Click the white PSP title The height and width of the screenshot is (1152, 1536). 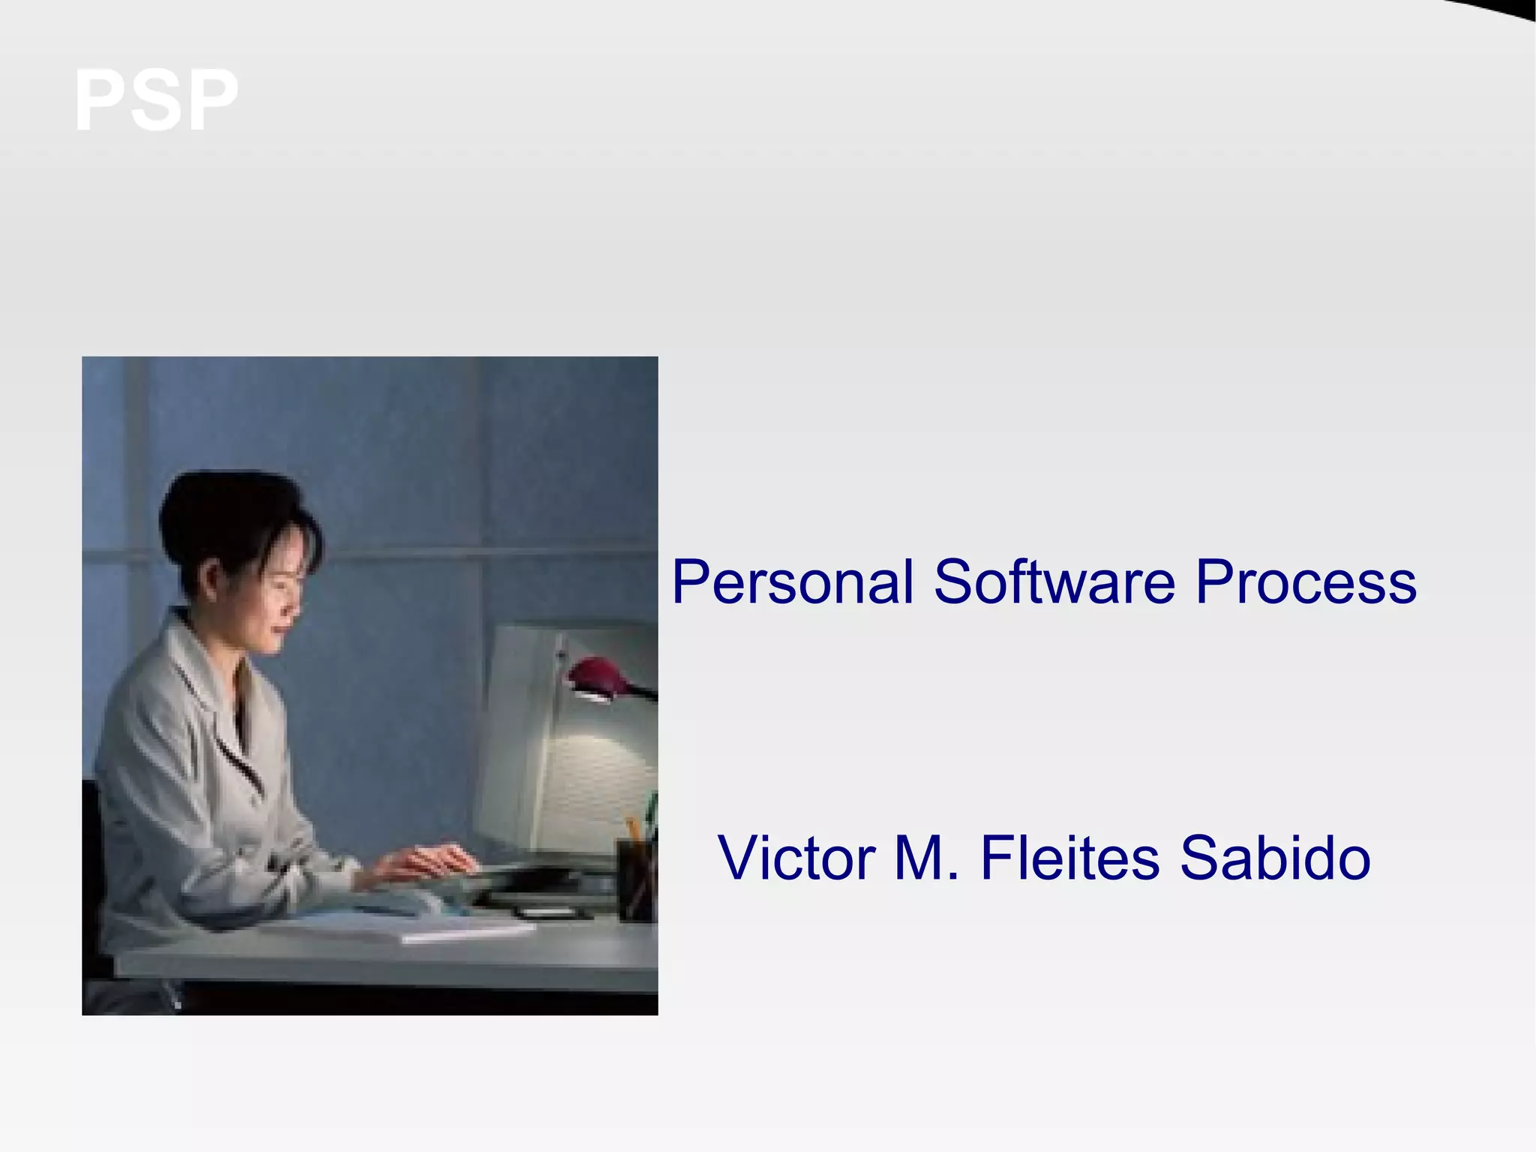coord(156,101)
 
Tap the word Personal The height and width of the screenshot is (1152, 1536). coord(793,582)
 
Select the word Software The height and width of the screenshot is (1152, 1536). coord(1054,582)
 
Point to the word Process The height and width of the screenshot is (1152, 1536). coord(1305,582)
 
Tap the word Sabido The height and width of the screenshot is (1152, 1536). coord(1275,858)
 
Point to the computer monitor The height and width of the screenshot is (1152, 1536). coord(562,743)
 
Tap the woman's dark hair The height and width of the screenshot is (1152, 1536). coord(225,518)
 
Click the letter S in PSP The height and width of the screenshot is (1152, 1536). coord(156,101)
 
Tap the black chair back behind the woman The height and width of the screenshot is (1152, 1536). coord(91,863)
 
